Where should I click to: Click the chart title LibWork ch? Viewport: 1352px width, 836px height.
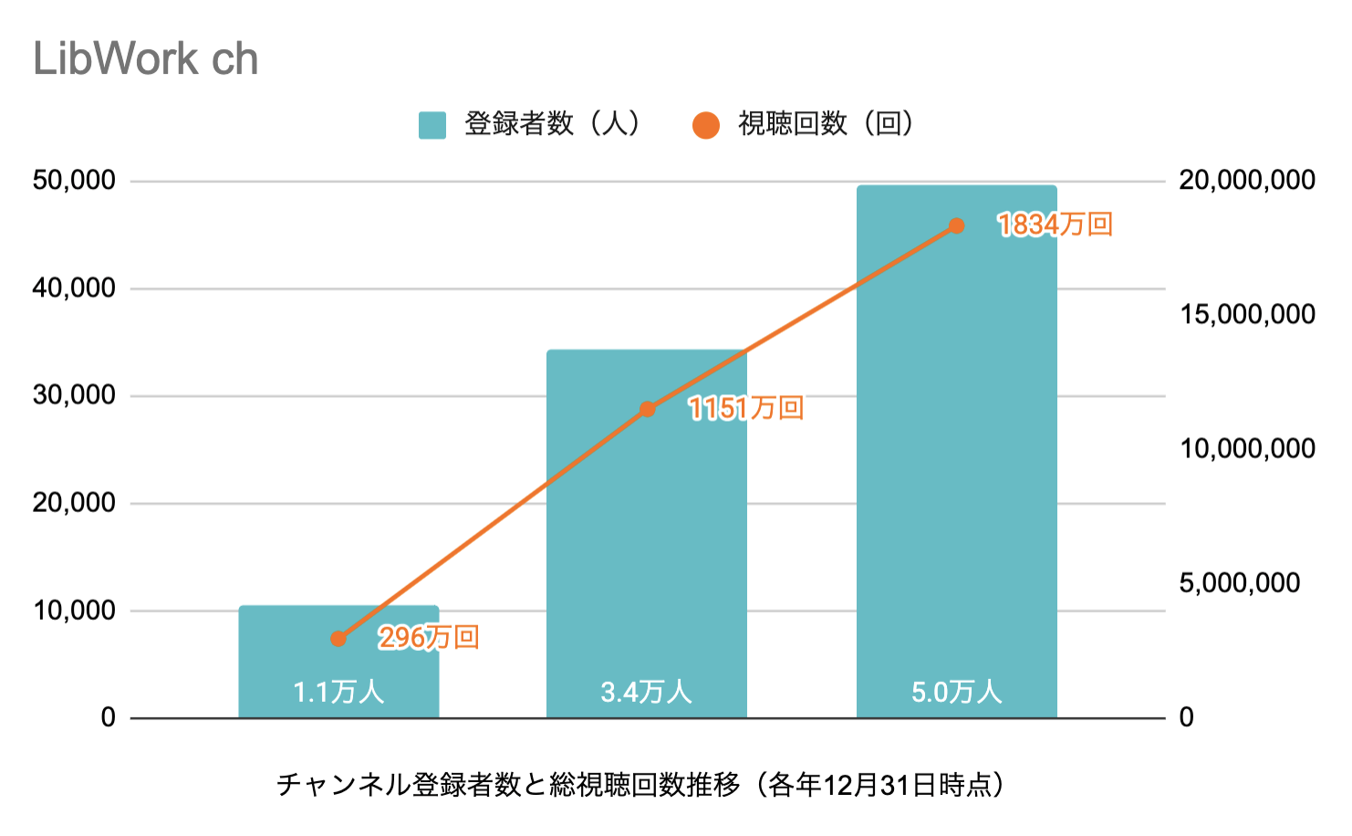click(x=146, y=59)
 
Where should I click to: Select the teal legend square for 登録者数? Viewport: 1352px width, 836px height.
click(x=432, y=125)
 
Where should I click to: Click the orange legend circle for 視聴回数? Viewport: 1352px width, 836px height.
click(x=705, y=125)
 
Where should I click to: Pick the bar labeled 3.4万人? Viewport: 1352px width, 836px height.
click(x=646, y=548)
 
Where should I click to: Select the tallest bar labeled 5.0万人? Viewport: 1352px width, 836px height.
click(x=956, y=456)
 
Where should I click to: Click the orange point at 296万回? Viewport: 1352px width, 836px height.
click(x=338, y=639)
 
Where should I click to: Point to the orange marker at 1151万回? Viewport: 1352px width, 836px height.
click(x=648, y=409)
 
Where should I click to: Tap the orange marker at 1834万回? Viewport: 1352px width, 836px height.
click(x=956, y=225)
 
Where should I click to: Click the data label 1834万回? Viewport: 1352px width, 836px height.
click(x=1055, y=225)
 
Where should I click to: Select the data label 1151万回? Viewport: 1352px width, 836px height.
click(x=745, y=408)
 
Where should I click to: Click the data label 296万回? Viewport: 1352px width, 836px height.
click(x=429, y=637)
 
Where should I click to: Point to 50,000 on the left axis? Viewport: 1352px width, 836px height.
click(x=74, y=181)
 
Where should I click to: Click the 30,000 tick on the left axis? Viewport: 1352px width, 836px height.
click(x=74, y=395)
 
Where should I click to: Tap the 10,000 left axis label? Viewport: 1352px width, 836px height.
click(x=74, y=611)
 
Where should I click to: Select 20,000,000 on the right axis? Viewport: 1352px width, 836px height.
click(x=1246, y=181)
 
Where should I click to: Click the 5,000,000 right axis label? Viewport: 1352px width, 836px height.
click(x=1239, y=583)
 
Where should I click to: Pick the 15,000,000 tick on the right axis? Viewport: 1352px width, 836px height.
click(x=1246, y=315)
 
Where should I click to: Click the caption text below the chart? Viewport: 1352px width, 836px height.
click(x=640, y=785)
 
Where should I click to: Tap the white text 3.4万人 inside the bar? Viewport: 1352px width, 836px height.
click(x=646, y=692)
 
